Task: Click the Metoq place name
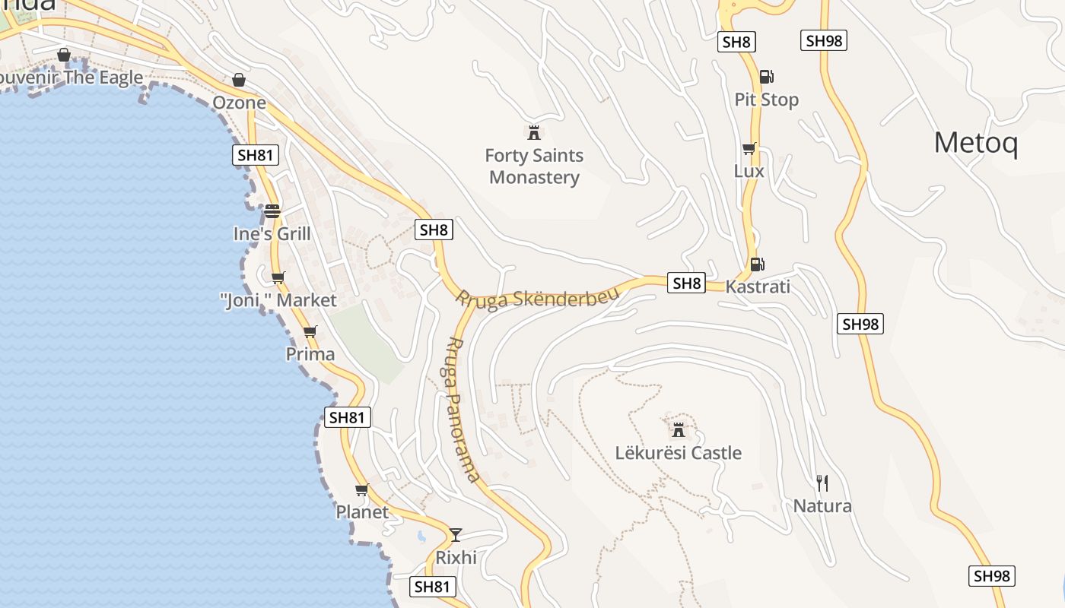975,143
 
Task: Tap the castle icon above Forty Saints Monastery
534,133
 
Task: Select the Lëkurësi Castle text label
678,453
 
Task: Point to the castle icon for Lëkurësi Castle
679,430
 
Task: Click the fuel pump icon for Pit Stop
766,77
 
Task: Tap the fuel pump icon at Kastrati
757,264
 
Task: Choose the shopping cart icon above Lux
749,149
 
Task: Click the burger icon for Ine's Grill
272,211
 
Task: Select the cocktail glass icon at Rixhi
456,534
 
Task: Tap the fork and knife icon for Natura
822,483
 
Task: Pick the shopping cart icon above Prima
310,331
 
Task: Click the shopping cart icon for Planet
362,489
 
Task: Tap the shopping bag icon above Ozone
239,80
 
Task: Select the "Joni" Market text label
278,300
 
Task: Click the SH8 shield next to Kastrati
686,283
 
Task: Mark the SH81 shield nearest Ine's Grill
256,156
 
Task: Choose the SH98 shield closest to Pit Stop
824,40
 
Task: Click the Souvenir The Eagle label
72,78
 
